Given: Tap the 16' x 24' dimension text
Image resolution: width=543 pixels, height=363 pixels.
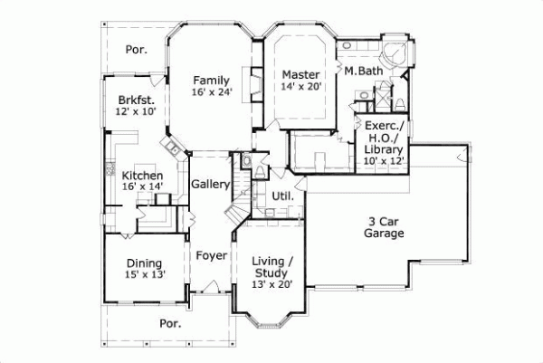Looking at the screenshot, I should click(x=211, y=92).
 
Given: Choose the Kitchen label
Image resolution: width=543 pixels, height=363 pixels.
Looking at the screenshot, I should click(x=143, y=175).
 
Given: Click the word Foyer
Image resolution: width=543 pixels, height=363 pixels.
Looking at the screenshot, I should click(x=211, y=255).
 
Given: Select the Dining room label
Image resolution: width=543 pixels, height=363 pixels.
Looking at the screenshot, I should click(x=146, y=263).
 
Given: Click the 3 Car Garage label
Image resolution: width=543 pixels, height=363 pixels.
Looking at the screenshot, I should click(x=386, y=227).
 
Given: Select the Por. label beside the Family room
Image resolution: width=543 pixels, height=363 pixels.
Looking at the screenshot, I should click(x=136, y=51).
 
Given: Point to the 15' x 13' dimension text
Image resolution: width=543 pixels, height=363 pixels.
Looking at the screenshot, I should click(x=146, y=274).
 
